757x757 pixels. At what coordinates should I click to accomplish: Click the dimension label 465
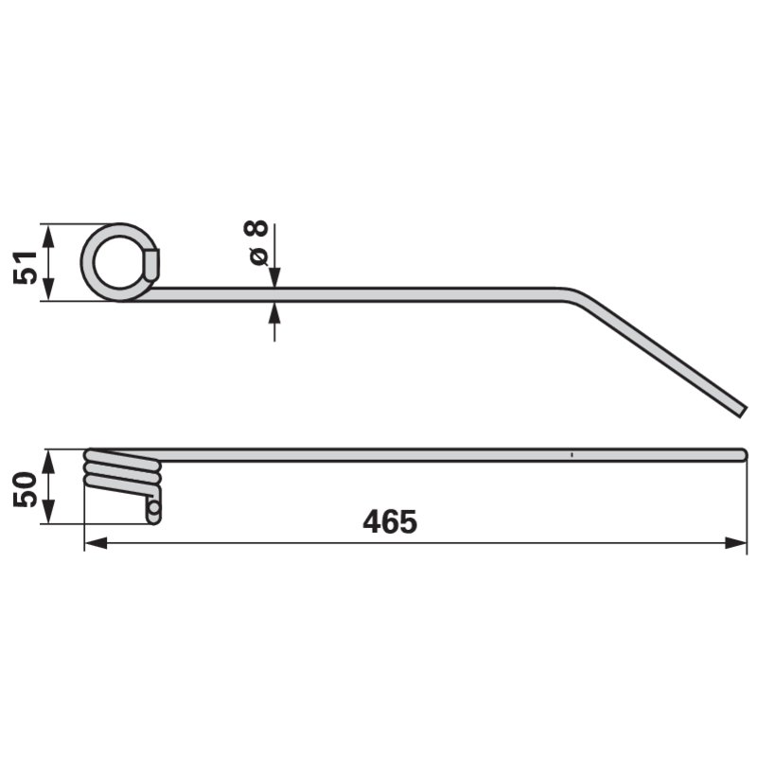(x=390, y=522)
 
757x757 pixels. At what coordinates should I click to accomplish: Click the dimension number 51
(x=26, y=268)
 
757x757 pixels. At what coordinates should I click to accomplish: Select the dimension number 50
(x=26, y=489)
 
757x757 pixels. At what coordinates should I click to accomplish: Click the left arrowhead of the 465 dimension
(x=96, y=543)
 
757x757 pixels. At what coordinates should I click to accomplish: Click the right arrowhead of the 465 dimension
(x=736, y=543)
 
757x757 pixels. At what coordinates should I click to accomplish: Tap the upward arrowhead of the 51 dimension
(x=48, y=235)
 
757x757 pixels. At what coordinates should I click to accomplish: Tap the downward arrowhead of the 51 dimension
(x=48, y=290)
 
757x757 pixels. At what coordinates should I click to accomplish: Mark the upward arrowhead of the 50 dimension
(x=48, y=461)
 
